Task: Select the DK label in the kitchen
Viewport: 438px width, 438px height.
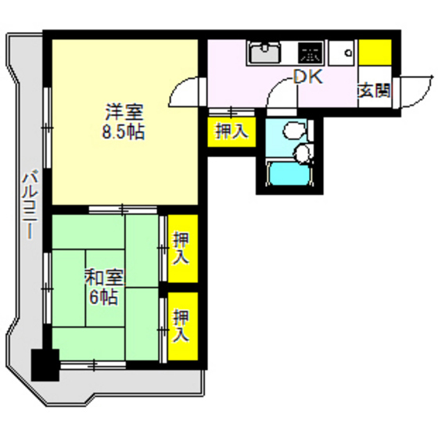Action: click(x=307, y=76)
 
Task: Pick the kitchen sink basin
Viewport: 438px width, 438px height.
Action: click(x=267, y=54)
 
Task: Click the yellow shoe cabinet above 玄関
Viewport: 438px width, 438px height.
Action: click(x=375, y=52)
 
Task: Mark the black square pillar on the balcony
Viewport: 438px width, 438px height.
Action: click(x=44, y=364)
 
